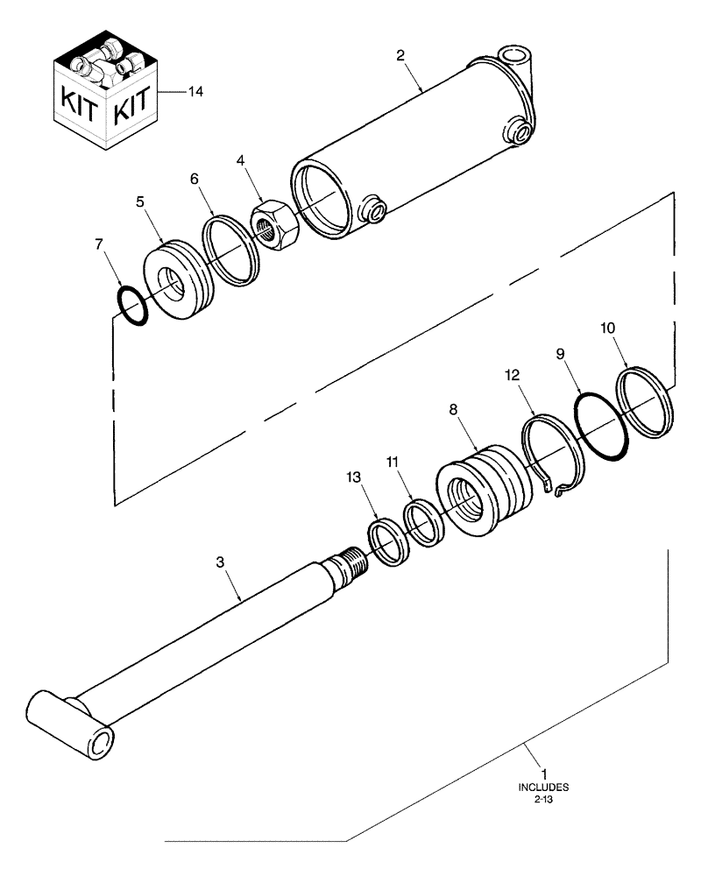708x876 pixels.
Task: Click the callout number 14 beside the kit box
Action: coord(195,91)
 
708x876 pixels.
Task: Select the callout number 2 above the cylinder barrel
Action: coord(400,55)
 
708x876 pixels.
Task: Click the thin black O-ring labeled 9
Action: coord(602,424)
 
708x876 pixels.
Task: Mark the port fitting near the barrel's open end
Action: coord(374,210)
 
